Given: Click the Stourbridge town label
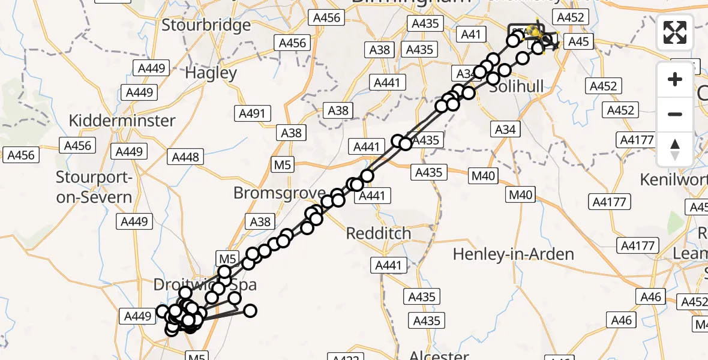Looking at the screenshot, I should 206,25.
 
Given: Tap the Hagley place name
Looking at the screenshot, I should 211,73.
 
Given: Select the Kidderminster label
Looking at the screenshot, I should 122,120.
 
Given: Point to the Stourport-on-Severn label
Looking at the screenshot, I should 94,187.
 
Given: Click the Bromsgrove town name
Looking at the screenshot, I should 279,193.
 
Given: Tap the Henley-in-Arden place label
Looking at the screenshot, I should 513,254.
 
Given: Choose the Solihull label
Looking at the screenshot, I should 517,86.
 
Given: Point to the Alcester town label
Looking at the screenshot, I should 439,354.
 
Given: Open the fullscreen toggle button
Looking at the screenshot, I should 675,32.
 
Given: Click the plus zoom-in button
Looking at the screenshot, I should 675,79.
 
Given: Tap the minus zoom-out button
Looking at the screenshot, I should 675,114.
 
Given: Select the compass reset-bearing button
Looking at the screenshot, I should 675,149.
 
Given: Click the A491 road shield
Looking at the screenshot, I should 254,113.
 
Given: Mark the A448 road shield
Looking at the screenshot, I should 185,157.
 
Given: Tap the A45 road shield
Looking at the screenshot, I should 578,41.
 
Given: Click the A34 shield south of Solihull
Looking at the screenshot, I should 505,129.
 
